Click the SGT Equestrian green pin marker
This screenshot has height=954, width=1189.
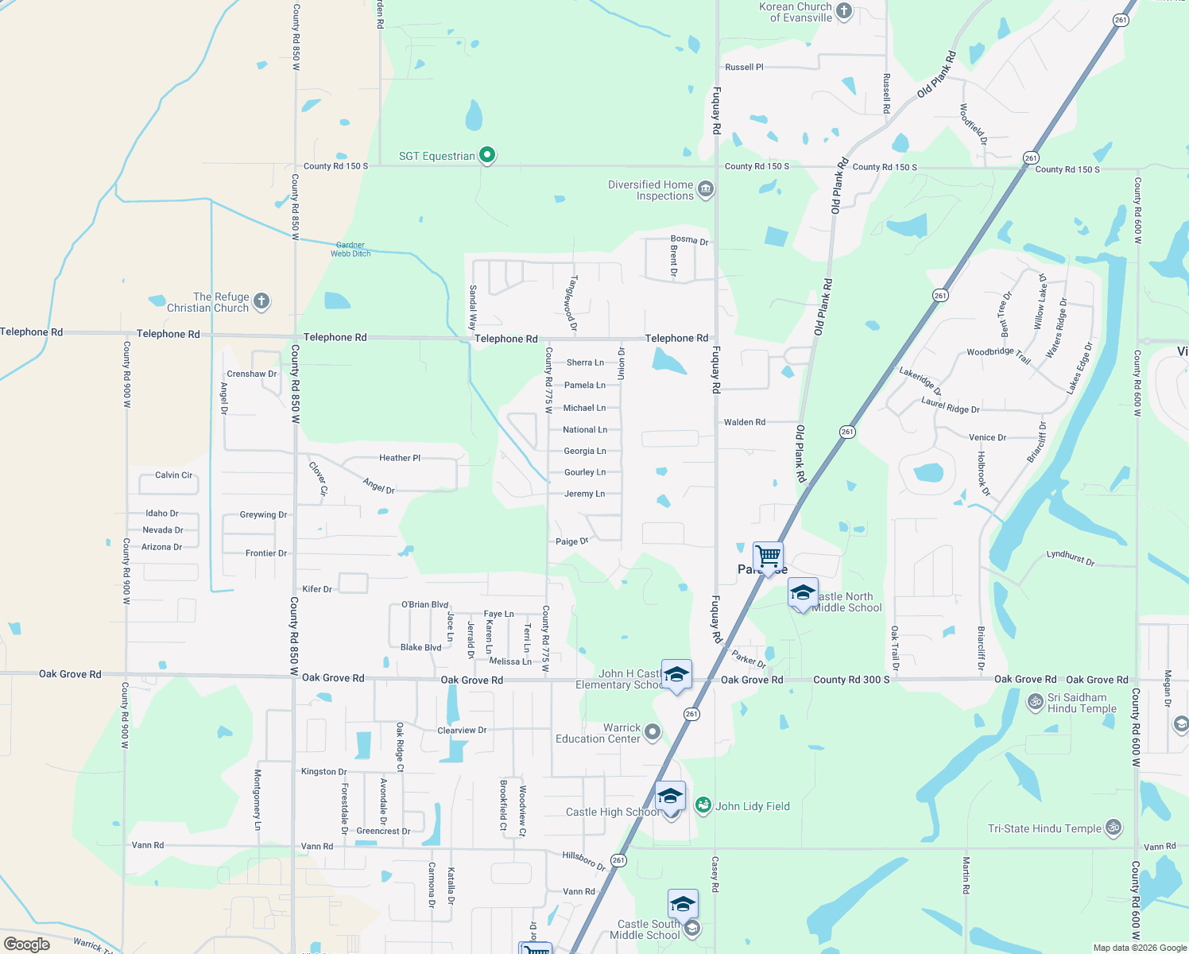tap(487, 155)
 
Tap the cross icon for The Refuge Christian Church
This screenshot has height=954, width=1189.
tap(261, 301)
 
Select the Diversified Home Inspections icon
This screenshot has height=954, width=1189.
tap(705, 189)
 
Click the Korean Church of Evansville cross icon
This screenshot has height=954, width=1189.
tap(844, 11)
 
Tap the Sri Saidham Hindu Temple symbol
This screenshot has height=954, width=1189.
tap(1035, 701)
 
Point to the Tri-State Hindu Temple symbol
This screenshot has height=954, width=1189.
tap(1113, 828)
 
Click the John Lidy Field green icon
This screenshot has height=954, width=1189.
tap(703, 805)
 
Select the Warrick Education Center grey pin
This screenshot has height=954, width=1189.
tap(653, 731)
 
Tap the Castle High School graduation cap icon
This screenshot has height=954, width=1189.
tap(670, 796)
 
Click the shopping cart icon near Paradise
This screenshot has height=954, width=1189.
tap(768, 555)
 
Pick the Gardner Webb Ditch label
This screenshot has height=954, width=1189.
tap(351, 250)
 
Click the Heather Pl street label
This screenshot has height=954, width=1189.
tap(400, 458)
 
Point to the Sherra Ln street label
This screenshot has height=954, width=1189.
tap(585, 363)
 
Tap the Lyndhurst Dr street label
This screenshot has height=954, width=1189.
tap(1070, 557)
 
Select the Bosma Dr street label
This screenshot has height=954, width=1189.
tap(689, 239)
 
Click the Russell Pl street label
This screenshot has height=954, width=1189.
tap(744, 68)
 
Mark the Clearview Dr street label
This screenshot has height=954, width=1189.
tap(462, 731)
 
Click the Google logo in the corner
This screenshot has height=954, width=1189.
tap(27, 944)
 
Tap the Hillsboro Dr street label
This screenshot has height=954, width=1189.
tap(583, 860)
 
